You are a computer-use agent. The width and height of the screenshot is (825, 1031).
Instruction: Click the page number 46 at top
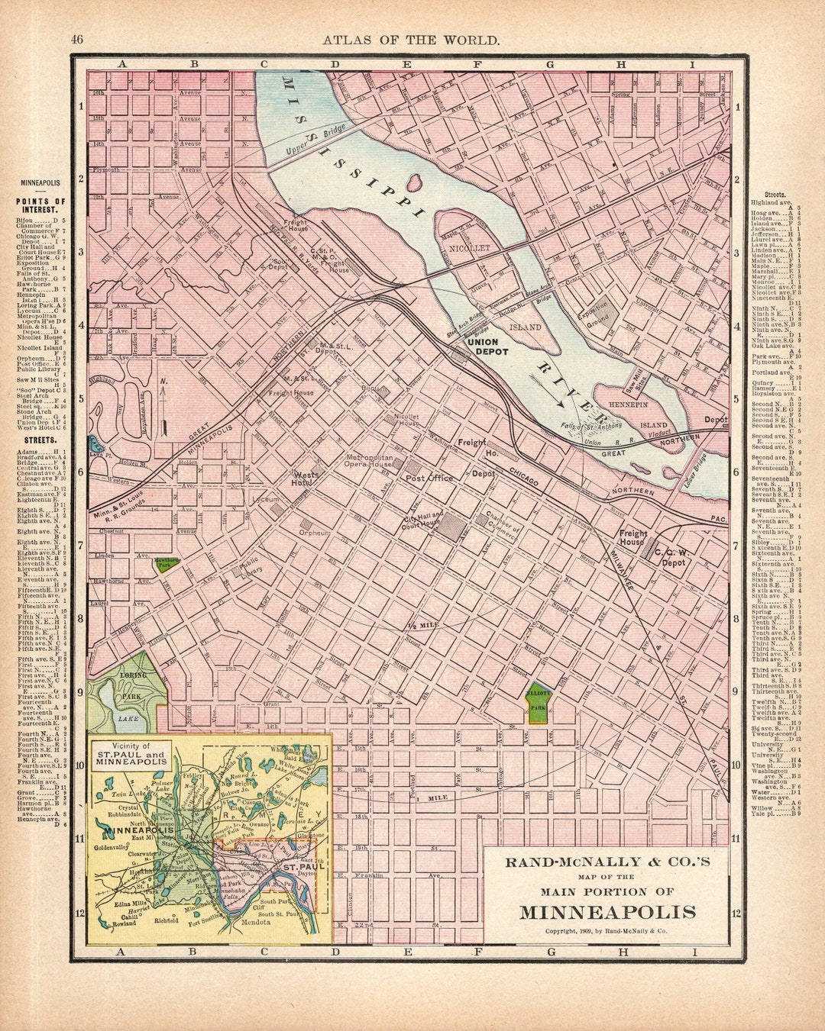77,40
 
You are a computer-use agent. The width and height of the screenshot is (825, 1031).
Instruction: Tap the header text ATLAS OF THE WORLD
411,40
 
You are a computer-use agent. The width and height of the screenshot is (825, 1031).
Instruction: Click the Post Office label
429,478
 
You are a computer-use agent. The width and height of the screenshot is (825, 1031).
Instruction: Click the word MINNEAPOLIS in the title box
608,912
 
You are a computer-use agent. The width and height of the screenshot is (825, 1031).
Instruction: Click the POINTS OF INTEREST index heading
40,207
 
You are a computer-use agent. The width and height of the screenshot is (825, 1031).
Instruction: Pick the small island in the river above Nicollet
416,183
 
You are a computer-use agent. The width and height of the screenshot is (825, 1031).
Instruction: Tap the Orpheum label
315,533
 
